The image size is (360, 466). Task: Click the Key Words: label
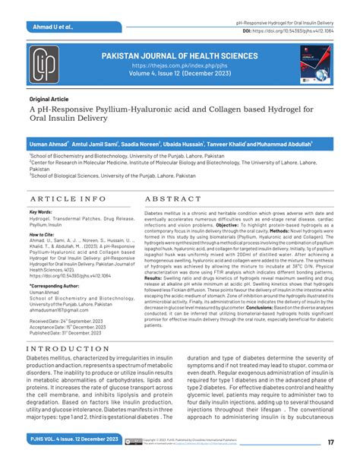click(40, 212)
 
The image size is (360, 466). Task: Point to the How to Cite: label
click(42, 236)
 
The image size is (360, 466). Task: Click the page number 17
click(331, 442)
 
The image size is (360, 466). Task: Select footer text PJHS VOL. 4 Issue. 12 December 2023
click(71, 441)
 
